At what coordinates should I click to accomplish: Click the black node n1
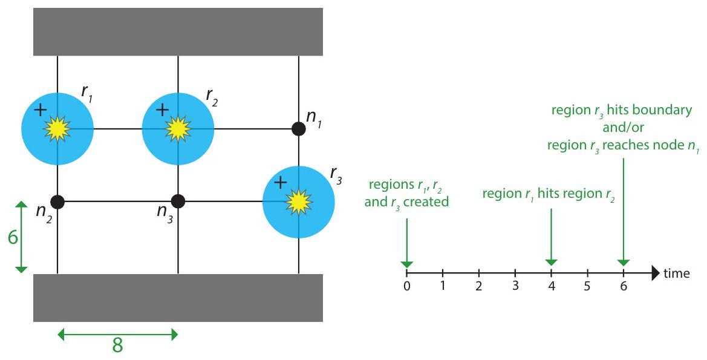[299, 128]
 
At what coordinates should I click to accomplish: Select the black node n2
[57, 201]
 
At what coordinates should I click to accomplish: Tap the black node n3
[178, 201]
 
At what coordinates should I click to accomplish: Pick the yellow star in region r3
[298, 201]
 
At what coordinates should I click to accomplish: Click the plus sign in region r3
[280, 182]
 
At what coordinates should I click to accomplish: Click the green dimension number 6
[11, 237]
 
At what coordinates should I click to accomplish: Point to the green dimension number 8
[117, 345]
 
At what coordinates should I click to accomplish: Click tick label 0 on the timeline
[407, 286]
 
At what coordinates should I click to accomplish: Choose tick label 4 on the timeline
[551, 286]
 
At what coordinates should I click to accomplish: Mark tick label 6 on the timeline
[623, 286]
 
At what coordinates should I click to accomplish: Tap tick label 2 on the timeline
[479, 286]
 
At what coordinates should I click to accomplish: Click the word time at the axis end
[677, 273]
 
